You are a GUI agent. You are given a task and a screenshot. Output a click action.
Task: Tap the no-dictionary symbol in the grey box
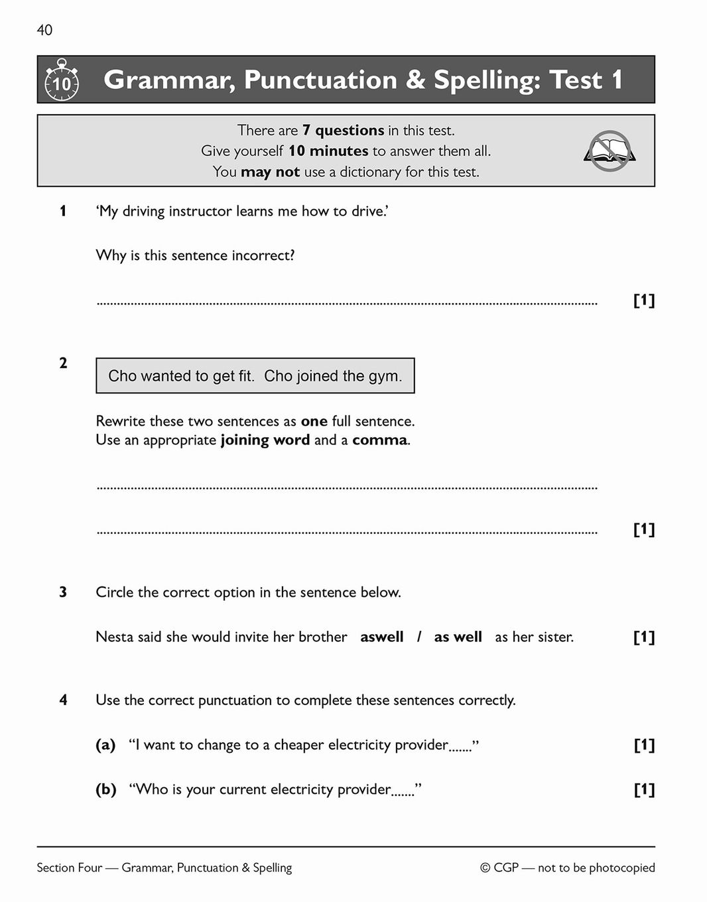(610, 151)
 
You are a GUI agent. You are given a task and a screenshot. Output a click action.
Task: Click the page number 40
(44, 30)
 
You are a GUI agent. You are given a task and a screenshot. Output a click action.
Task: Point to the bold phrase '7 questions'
(343, 130)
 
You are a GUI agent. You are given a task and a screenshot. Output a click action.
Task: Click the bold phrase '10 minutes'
(328, 151)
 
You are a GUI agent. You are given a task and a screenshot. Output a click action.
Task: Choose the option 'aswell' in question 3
(381, 637)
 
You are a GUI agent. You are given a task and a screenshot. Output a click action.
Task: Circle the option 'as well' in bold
(458, 637)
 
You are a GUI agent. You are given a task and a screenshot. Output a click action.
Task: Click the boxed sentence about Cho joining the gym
(255, 376)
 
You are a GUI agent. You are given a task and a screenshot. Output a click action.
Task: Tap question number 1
(63, 211)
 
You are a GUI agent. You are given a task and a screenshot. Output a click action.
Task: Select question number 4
(63, 700)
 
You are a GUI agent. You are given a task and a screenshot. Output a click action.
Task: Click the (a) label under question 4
(105, 745)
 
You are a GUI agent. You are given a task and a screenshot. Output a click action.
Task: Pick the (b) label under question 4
(105, 789)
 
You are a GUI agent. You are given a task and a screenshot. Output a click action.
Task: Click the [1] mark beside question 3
(644, 637)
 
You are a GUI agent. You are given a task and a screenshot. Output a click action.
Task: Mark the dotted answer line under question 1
(346, 303)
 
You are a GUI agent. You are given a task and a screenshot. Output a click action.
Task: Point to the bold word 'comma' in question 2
(379, 440)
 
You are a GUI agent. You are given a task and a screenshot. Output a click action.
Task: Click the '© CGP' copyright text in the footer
(499, 868)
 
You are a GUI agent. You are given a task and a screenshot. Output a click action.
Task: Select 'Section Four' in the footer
(69, 868)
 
